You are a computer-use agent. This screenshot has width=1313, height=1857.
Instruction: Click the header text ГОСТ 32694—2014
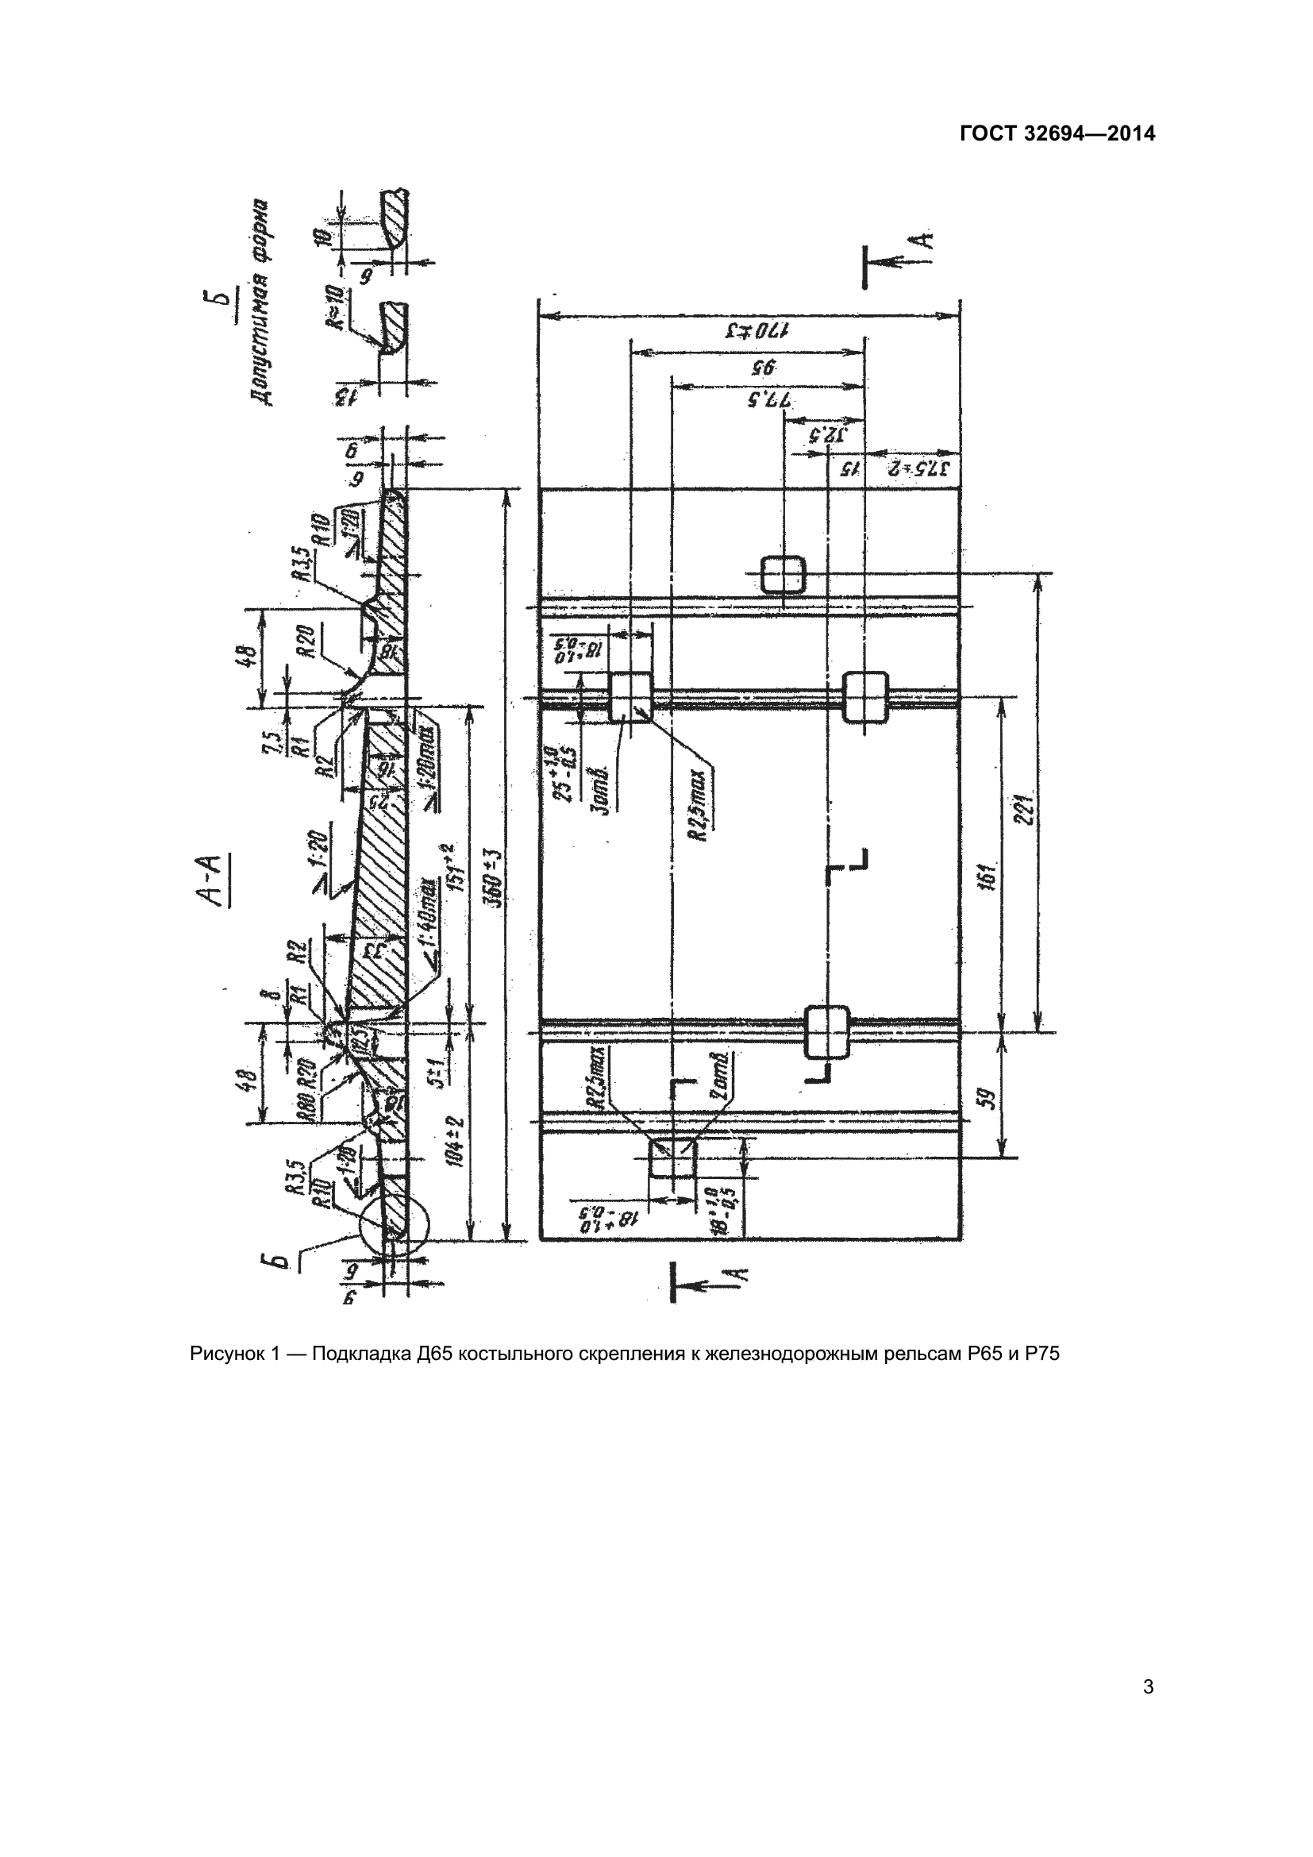click(x=1057, y=133)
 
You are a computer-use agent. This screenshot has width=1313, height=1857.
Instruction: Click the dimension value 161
click(x=988, y=875)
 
